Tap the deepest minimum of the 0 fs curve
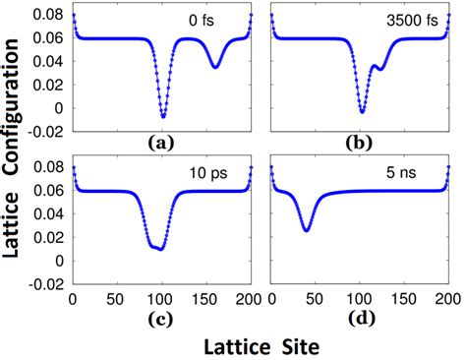coord(163,116)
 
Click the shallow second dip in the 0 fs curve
coord(215,66)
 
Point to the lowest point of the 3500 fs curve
coord(362,111)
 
